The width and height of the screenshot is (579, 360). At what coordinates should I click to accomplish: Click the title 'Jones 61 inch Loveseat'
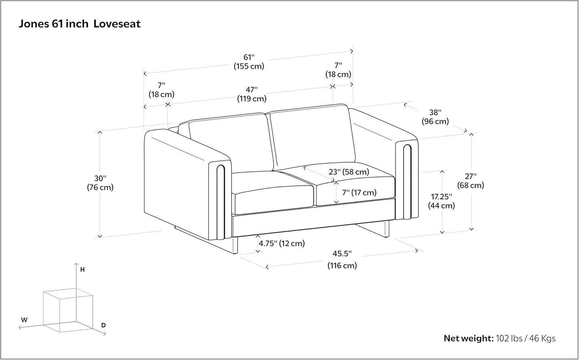pos(80,24)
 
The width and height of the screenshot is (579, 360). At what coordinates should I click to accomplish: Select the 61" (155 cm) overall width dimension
pos(249,62)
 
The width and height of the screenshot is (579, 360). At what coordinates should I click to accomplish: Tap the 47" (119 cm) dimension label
pos(252,94)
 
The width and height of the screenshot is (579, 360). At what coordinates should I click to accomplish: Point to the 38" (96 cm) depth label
pos(435,117)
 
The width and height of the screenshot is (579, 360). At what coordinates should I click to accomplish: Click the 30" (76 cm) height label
pos(100,183)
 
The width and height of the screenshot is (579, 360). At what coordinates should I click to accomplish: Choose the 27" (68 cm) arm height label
pos(470,181)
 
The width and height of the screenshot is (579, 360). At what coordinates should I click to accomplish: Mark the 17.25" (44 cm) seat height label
pos(442,201)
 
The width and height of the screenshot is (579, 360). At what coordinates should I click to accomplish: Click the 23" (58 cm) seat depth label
pos(349,172)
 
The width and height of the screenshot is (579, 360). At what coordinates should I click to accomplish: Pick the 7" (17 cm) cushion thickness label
pos(359,192)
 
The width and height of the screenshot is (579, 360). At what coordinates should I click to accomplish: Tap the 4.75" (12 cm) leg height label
pos(282,243)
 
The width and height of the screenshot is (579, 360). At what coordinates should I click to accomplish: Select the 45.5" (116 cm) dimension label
pos(342,259)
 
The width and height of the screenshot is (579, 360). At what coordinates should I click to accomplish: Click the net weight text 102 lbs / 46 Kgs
pos(525,338)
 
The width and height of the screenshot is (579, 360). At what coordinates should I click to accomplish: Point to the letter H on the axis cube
pos(83,269)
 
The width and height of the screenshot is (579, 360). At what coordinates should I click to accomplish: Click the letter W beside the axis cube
pos(24,320)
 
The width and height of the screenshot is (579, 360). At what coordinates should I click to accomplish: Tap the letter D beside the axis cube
pos(103,325)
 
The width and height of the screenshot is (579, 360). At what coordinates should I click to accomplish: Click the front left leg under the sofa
pos(235,245)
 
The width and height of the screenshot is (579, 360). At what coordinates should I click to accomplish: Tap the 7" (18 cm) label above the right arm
pos(338,70)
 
